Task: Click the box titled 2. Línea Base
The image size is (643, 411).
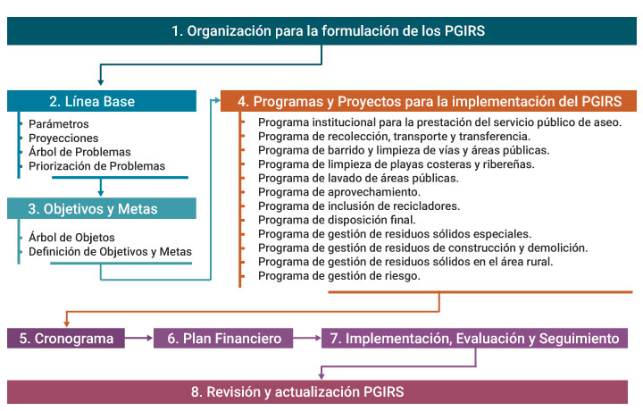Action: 102,101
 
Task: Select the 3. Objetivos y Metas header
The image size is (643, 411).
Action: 102,208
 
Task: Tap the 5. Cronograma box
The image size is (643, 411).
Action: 66,339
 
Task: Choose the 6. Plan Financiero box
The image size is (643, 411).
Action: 223,339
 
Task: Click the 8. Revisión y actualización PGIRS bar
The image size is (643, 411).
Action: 317,391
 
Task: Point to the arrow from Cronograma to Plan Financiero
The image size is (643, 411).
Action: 139,338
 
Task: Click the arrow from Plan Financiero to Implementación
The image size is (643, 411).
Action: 307,338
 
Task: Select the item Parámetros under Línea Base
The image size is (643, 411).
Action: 59,124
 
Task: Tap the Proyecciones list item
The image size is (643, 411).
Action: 63,138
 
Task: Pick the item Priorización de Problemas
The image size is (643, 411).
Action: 96,165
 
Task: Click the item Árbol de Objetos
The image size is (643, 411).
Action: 71,237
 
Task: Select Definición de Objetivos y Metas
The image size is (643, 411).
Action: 111,251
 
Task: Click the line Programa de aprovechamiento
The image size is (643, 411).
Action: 339,192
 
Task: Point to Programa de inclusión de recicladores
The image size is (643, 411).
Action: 359,205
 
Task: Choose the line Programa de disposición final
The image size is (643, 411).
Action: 337,220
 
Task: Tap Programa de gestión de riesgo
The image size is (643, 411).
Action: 339,276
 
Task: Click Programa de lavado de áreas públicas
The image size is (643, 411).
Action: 358,178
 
